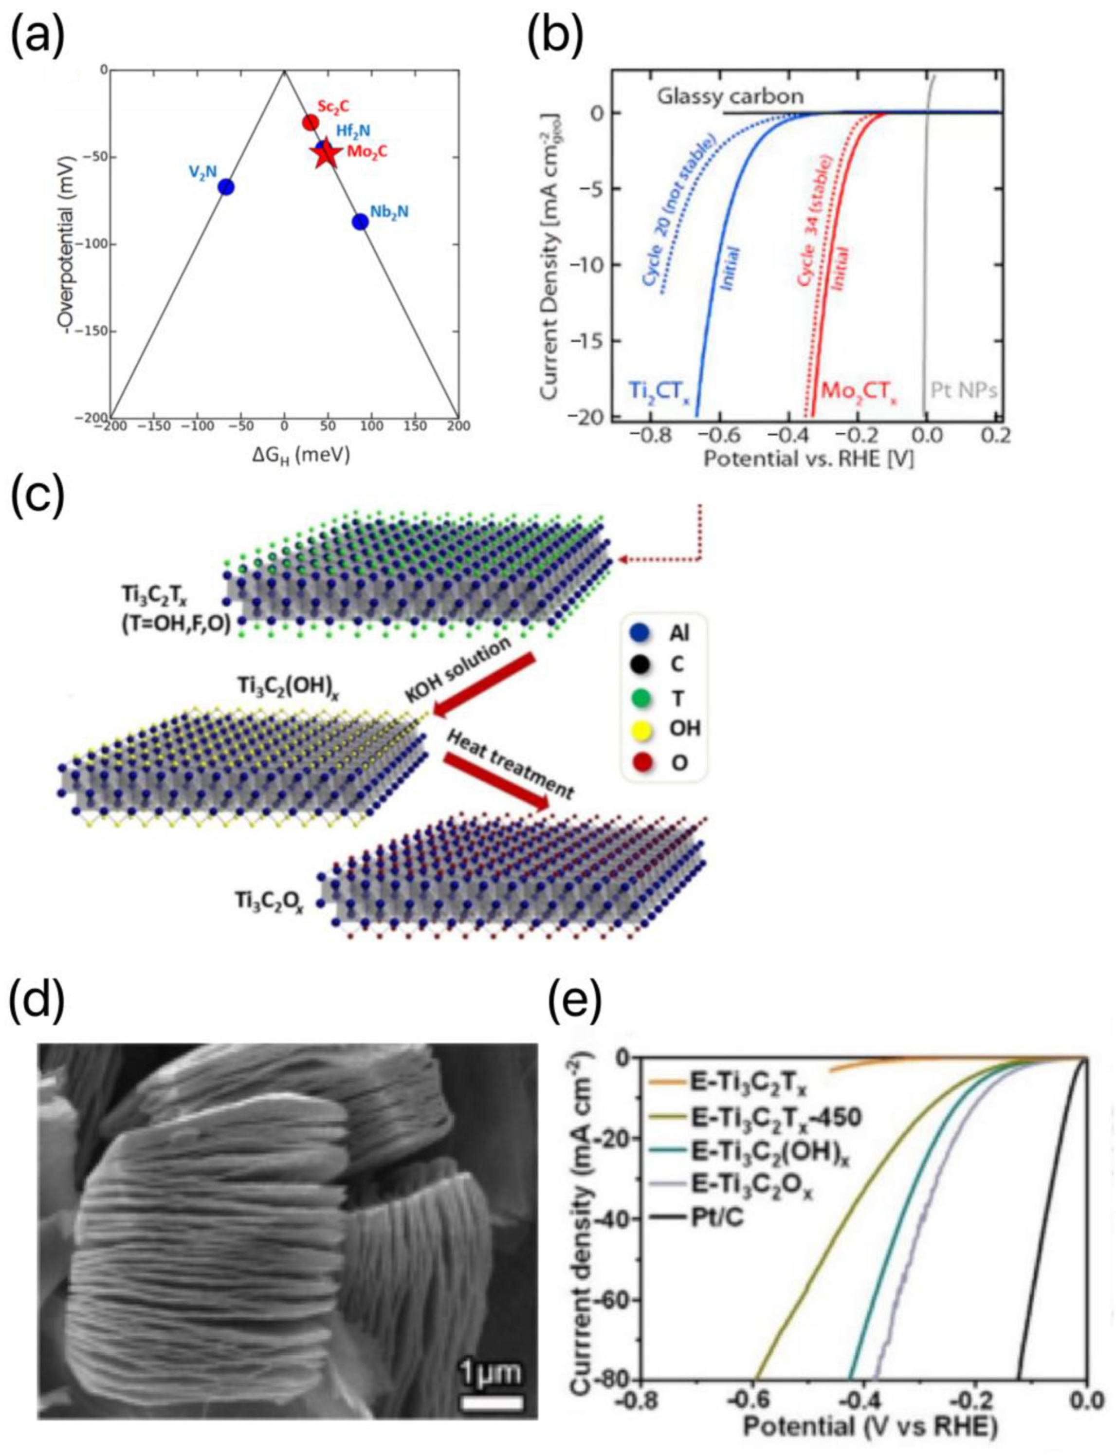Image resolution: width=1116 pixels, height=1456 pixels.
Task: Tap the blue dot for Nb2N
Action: tap(360, 222)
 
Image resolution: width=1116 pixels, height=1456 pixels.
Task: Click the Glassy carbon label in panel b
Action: tap(730, 97)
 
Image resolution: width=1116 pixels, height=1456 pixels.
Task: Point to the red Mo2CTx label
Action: tap(859, 390)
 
